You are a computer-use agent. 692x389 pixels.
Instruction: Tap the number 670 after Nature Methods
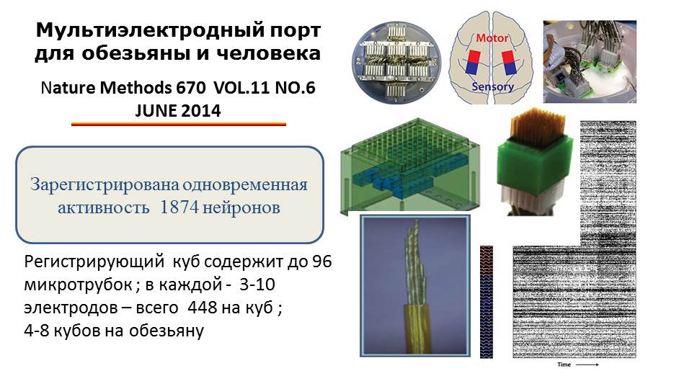point(190,87)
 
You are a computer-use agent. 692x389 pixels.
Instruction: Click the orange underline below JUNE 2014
point(179,125)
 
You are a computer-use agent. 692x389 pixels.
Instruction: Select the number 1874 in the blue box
point(179,207)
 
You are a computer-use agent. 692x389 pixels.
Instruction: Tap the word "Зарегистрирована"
point(104,185)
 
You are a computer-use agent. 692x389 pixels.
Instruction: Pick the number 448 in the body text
point(202,308)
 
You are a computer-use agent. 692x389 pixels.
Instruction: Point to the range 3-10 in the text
point(257,285)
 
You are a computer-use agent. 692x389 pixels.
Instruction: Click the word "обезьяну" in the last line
point(167,331)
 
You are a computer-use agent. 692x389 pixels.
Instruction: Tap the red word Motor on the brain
point(492,38)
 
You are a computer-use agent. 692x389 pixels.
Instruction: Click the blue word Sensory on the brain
point(492,86)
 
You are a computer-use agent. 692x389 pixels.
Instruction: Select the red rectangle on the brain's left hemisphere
point(474,56)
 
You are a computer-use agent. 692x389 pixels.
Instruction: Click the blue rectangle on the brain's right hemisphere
point(510,68)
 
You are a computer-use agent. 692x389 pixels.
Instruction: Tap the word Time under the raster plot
point(564,365)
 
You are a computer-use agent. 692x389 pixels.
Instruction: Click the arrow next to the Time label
point(587,365)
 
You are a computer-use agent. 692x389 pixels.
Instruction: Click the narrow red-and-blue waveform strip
point(487,302)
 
